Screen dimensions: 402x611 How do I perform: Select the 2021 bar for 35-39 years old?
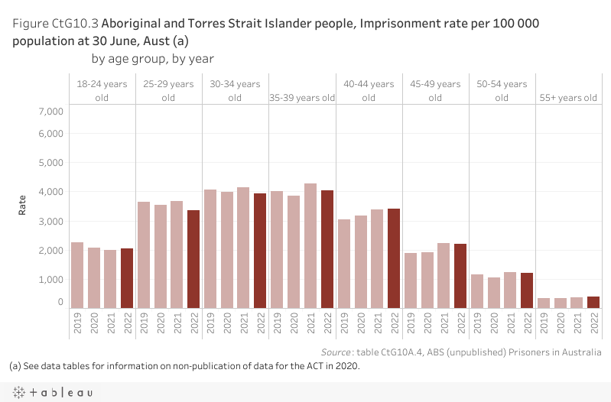coord(310,245)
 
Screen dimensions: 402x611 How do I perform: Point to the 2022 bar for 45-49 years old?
coord(460,275)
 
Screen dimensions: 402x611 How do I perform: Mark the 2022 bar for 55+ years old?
coord(593,302)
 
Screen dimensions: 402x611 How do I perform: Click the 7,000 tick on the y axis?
coord(50,112)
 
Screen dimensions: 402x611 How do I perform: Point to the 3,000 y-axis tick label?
coord(50,222)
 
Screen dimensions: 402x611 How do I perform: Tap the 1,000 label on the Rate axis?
coord(50,280)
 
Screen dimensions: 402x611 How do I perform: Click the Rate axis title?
coord(22,205)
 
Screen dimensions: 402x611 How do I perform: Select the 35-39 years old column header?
coord(303,98)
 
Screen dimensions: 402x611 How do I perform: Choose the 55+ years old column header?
coord(568,98)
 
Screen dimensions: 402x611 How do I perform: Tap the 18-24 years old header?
coord(102,91)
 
